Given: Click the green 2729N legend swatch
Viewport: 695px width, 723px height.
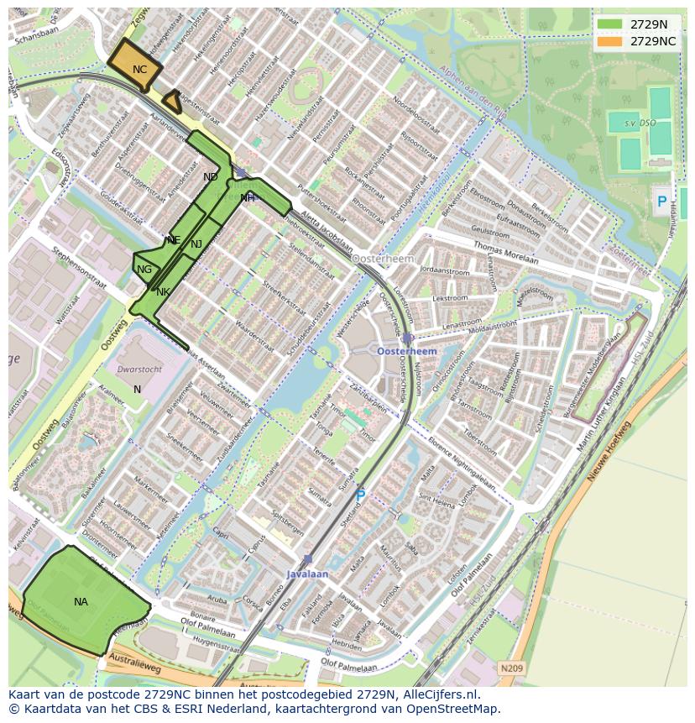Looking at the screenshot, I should point(610,24).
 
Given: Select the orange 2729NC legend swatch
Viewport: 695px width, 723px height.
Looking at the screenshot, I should point(610,41).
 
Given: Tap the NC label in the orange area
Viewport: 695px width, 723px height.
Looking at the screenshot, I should point(139,70).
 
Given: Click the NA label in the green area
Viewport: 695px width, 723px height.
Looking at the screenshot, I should point(81,602).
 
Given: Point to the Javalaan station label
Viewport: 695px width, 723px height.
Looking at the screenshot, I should point(307,574).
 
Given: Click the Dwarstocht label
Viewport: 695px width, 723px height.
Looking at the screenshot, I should point(139,369).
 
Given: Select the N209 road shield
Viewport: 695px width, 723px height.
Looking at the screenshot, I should point(511,668).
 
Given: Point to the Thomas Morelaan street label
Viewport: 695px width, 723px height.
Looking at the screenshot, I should point(506,253).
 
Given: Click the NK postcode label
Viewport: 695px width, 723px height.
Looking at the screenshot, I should point(163,292).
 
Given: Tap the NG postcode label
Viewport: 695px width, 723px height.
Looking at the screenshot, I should point(144,270).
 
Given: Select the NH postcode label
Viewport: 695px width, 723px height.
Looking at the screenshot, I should point(247,198).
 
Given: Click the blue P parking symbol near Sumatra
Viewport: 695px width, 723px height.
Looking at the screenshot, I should point(360,496).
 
